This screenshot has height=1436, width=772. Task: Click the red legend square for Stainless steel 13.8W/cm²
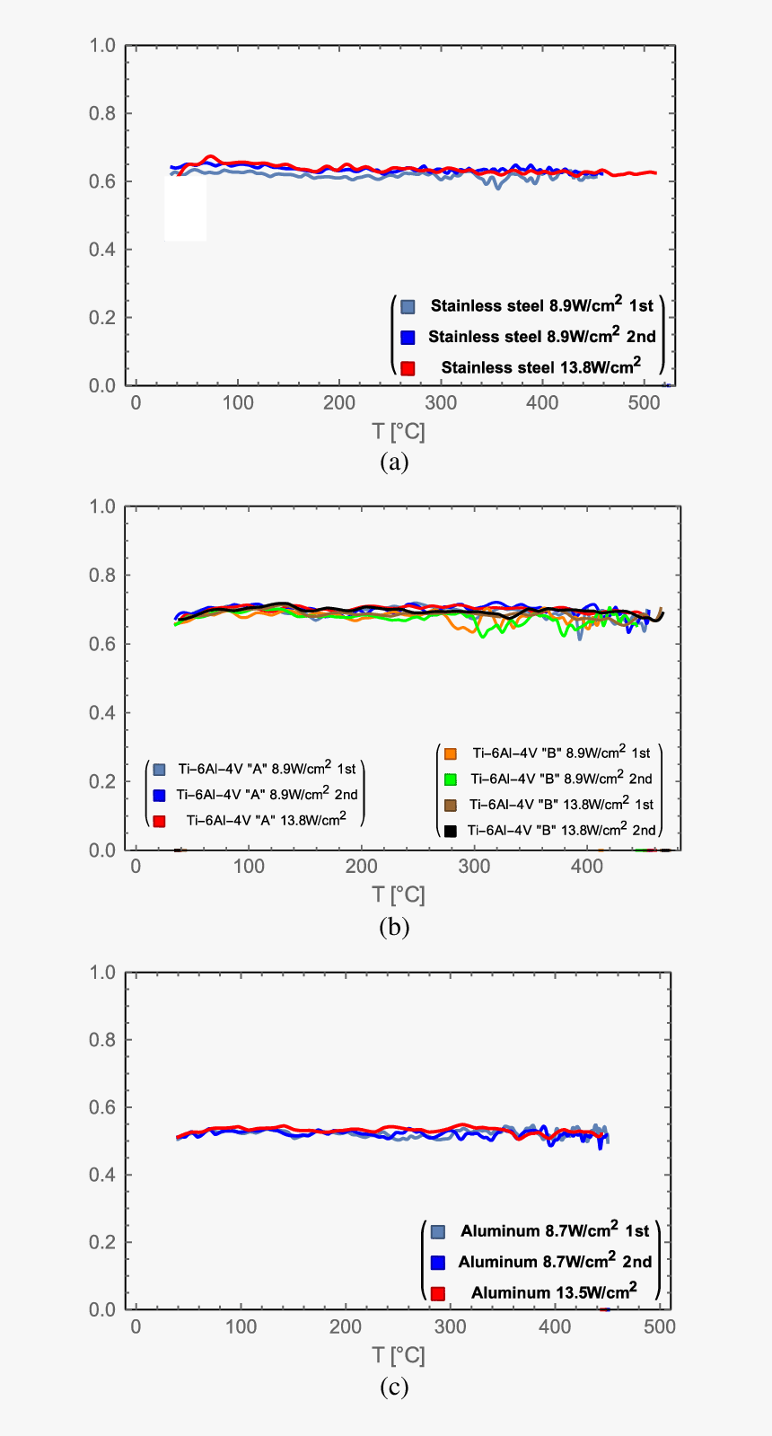[x=408, y=368]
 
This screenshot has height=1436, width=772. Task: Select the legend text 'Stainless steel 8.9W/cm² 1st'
[x=541, y=306]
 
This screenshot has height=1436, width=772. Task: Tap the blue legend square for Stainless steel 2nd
[x=408, y=338]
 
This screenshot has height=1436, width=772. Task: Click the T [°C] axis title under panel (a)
[x=399, y=431]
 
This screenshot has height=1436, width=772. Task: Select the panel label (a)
[x=394, y=463]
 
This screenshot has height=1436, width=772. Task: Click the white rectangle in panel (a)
[x=186, y=207]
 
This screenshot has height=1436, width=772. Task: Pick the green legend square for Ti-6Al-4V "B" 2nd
[x=451, y=780]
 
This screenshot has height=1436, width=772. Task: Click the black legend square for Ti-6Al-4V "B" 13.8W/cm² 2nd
[x=451, y=831]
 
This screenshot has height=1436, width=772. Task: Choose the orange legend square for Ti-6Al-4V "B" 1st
[x=451, y=753]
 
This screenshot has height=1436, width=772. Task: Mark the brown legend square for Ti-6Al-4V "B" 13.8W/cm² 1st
[x=451, y=805]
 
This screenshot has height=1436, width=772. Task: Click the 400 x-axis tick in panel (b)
[x=587, y=867]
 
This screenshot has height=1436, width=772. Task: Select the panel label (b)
[x=394, y=927]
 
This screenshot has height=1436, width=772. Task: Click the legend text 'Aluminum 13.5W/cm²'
[x=554, y=1292]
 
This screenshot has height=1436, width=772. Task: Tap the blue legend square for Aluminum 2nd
[x=438, y=1263]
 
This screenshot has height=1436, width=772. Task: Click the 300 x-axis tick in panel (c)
[x=450, y=1327]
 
